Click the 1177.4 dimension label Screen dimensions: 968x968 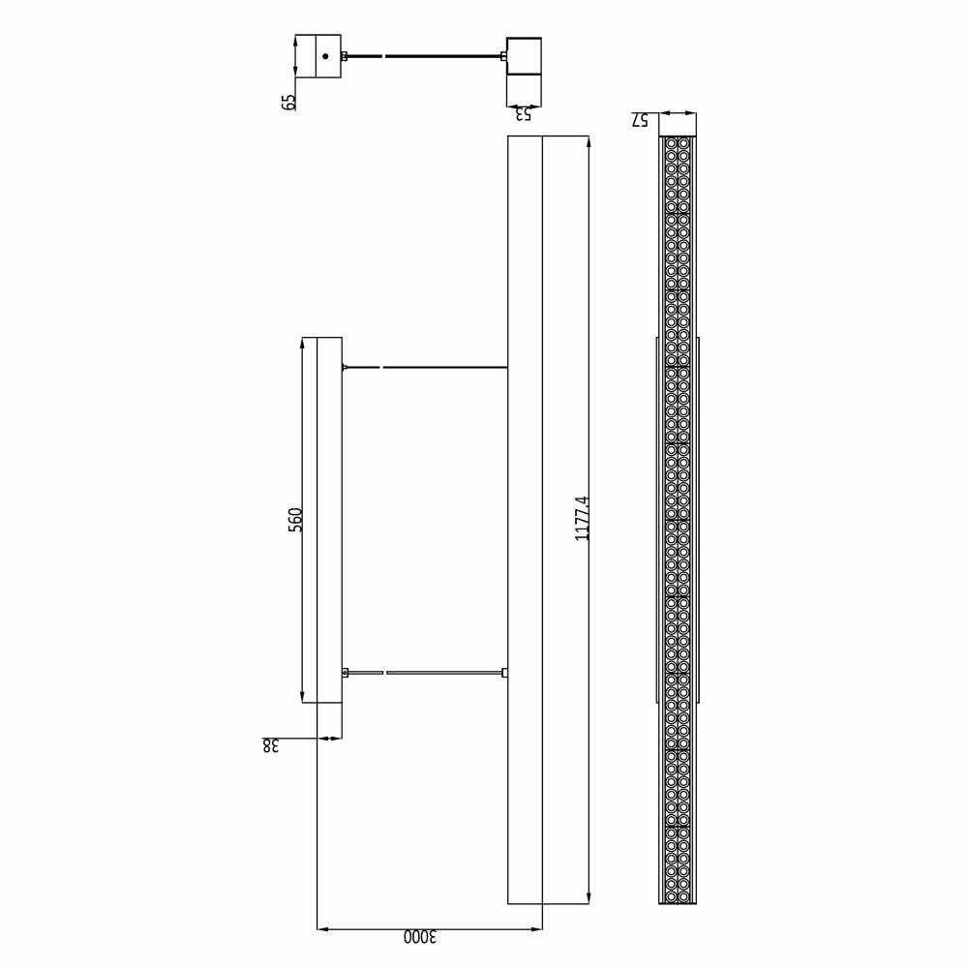[582, 519]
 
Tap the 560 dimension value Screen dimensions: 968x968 [295, 519]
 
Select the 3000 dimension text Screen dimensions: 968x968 [420, 937]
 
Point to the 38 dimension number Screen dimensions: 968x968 [270, 745]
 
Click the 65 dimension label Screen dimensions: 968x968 [288, 103]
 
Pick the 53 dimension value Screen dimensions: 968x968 [523, 114]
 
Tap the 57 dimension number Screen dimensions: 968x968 [640, 120]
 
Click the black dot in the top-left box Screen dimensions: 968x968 [325, 56]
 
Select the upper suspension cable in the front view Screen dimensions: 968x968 [425, 367]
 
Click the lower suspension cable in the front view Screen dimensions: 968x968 [425, 673]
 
